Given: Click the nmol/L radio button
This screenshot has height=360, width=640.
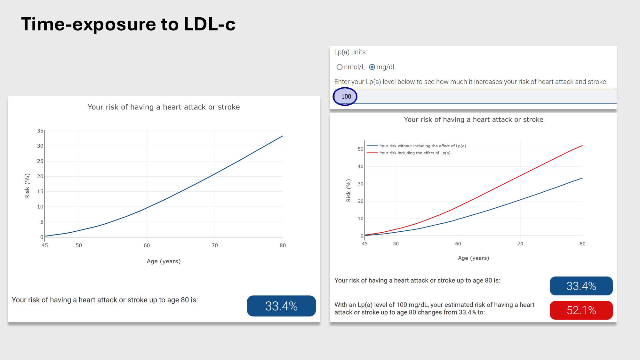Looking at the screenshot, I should tap(340, 67).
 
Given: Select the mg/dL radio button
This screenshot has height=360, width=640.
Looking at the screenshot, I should tap(372, 67).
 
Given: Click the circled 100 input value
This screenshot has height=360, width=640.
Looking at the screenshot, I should tap(346, 96).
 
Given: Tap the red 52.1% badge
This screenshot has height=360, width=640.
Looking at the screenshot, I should tap(581, 310).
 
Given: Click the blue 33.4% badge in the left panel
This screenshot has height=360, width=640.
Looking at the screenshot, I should tap(281, 306).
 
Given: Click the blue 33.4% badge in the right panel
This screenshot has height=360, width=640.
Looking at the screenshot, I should tap(581, 286).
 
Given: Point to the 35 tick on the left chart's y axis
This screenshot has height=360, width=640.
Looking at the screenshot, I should tap(40, 131).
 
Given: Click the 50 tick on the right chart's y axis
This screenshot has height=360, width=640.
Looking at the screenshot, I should tap(361, 149).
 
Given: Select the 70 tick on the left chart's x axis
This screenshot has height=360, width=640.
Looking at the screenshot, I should tap(215, 245).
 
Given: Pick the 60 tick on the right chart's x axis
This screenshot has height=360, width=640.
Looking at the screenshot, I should tap(458, 244).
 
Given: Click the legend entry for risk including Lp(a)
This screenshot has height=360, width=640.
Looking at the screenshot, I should tap(415, 153).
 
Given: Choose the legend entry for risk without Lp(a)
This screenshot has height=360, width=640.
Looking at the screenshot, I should tap(422, 146).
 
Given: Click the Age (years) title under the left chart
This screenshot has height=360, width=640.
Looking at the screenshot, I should tap(164, 261).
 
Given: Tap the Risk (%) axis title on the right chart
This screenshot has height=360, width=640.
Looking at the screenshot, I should tap(348, 190).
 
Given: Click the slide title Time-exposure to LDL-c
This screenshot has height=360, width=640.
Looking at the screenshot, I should tap(128, 24).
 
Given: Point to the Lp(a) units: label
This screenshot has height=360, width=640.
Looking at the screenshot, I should tap(351, 52).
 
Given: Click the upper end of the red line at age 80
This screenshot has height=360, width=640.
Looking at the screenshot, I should tap(582, 146).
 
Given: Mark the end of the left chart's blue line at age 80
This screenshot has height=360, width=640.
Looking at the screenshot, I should tap(283, 136).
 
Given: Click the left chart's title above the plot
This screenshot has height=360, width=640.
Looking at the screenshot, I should tap(164, 107).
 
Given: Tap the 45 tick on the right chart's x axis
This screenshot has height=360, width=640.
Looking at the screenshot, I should tap(365, 244).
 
